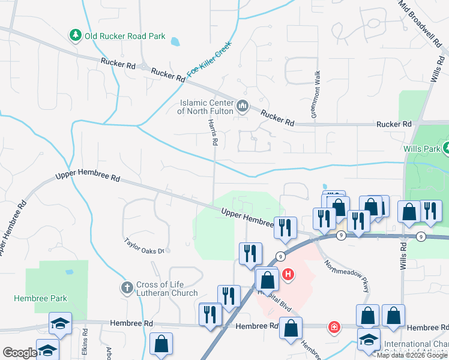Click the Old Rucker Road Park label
pyautogui.click(x=124, y=36)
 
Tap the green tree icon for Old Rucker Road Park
pyautogui.click(x=76, y=36)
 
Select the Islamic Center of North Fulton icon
pyautogui.click(x=243, y=107)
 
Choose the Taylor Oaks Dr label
pyautogui.click(x=144, y=245)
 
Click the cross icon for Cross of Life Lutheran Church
pyautogui.click(x=127, y=289)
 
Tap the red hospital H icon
pyautogui.click(x=289, y=275)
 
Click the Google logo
pyautogui.click(x=20, y=353)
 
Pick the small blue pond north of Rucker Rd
pyautogui.click(x=175, y=42)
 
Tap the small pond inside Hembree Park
pyautogui.click(x=70, y=272)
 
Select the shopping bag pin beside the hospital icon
pyautogui.click(x=267, y=279)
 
